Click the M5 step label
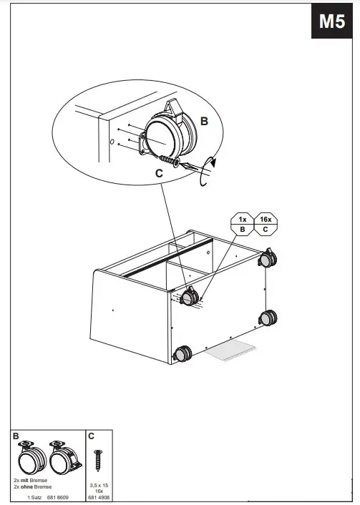(331, 22)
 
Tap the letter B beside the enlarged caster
(204, 122)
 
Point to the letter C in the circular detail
(158, 172)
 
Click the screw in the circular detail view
(169, 158)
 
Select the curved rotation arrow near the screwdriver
(207, 172)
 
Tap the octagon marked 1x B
(242, 222)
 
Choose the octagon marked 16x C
(266, 222)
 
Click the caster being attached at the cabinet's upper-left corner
(190, 296)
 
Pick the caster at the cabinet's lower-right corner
(270, 318)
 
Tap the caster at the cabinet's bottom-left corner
(183, 353)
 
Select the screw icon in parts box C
(98, 460)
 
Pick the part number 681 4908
(98, 496)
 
